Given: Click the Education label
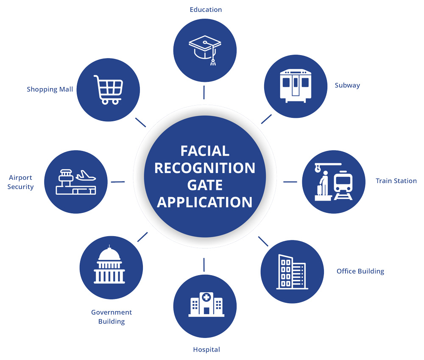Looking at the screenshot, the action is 206,10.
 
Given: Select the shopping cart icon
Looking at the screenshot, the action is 109,90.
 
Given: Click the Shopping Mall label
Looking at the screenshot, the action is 50,89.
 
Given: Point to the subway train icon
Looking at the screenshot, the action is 296,86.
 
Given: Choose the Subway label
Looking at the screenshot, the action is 347,86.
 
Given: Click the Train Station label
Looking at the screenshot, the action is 396,181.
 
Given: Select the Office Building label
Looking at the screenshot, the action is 360,271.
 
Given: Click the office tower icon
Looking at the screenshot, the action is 292,272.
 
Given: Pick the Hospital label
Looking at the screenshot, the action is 206,349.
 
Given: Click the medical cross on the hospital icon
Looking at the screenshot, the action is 206,298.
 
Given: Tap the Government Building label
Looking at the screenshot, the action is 112,317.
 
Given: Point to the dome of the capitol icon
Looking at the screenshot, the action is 109,254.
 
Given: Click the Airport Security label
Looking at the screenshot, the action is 20,182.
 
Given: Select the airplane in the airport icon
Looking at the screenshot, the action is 86,176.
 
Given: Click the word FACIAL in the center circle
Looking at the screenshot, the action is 205,151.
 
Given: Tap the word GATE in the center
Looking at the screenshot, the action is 205,185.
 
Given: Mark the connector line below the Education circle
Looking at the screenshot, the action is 204,92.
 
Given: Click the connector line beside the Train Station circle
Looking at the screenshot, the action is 290,182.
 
